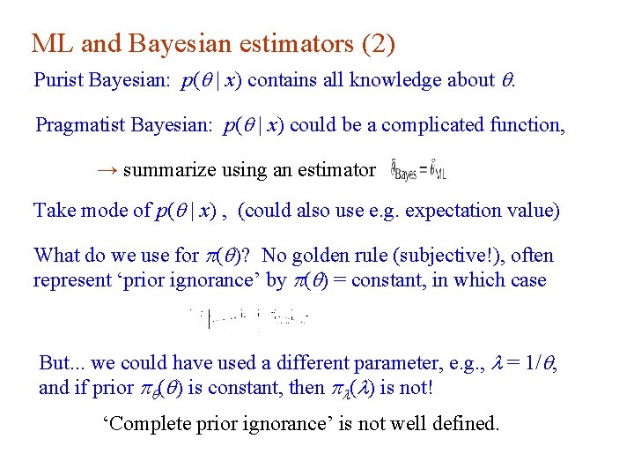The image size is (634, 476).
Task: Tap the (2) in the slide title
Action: pyautogui.click(x=376, y=43)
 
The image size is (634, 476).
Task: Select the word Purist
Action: pyautogui.click(x=61, y=80)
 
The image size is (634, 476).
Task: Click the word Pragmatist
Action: pyautogui.click(x=80, y=125)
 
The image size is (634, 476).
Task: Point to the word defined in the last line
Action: pyautogui.click(x=463, y=424)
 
